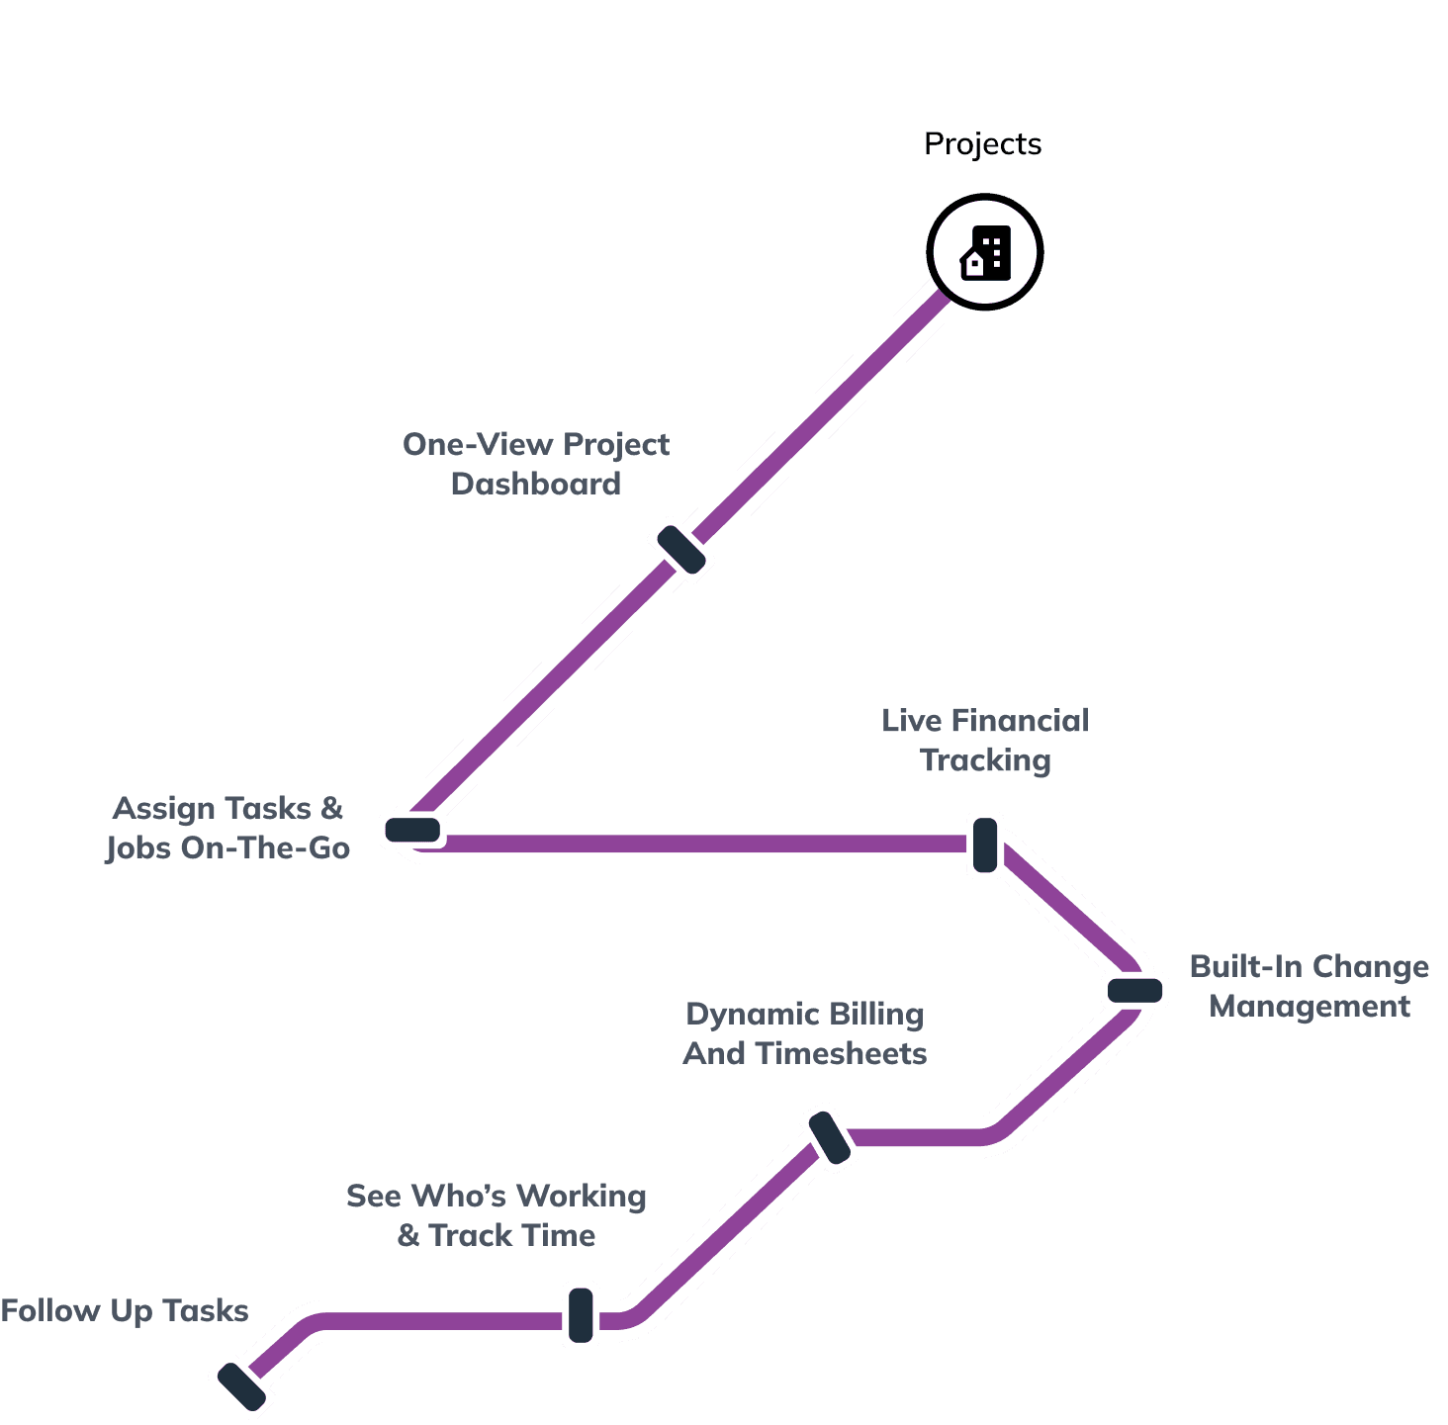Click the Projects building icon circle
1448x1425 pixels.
(985, 252)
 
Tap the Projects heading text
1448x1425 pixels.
(982, 144)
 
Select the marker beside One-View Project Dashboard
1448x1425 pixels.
(681, 549)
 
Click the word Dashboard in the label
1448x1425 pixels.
(536, 484)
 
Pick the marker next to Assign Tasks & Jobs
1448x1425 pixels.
(412, 830)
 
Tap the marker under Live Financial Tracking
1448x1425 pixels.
(985, 845)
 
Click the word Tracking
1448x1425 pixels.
(985, 760)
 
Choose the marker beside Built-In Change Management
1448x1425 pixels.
(1134, 990)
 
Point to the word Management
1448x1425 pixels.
(1310, 1006)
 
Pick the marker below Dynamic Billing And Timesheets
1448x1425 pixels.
(830, 1137)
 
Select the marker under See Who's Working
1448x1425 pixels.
(581, 1314)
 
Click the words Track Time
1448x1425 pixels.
(511, 1235)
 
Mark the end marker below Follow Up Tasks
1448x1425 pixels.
(241, 1385)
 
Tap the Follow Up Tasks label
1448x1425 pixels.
(125, 1311)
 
